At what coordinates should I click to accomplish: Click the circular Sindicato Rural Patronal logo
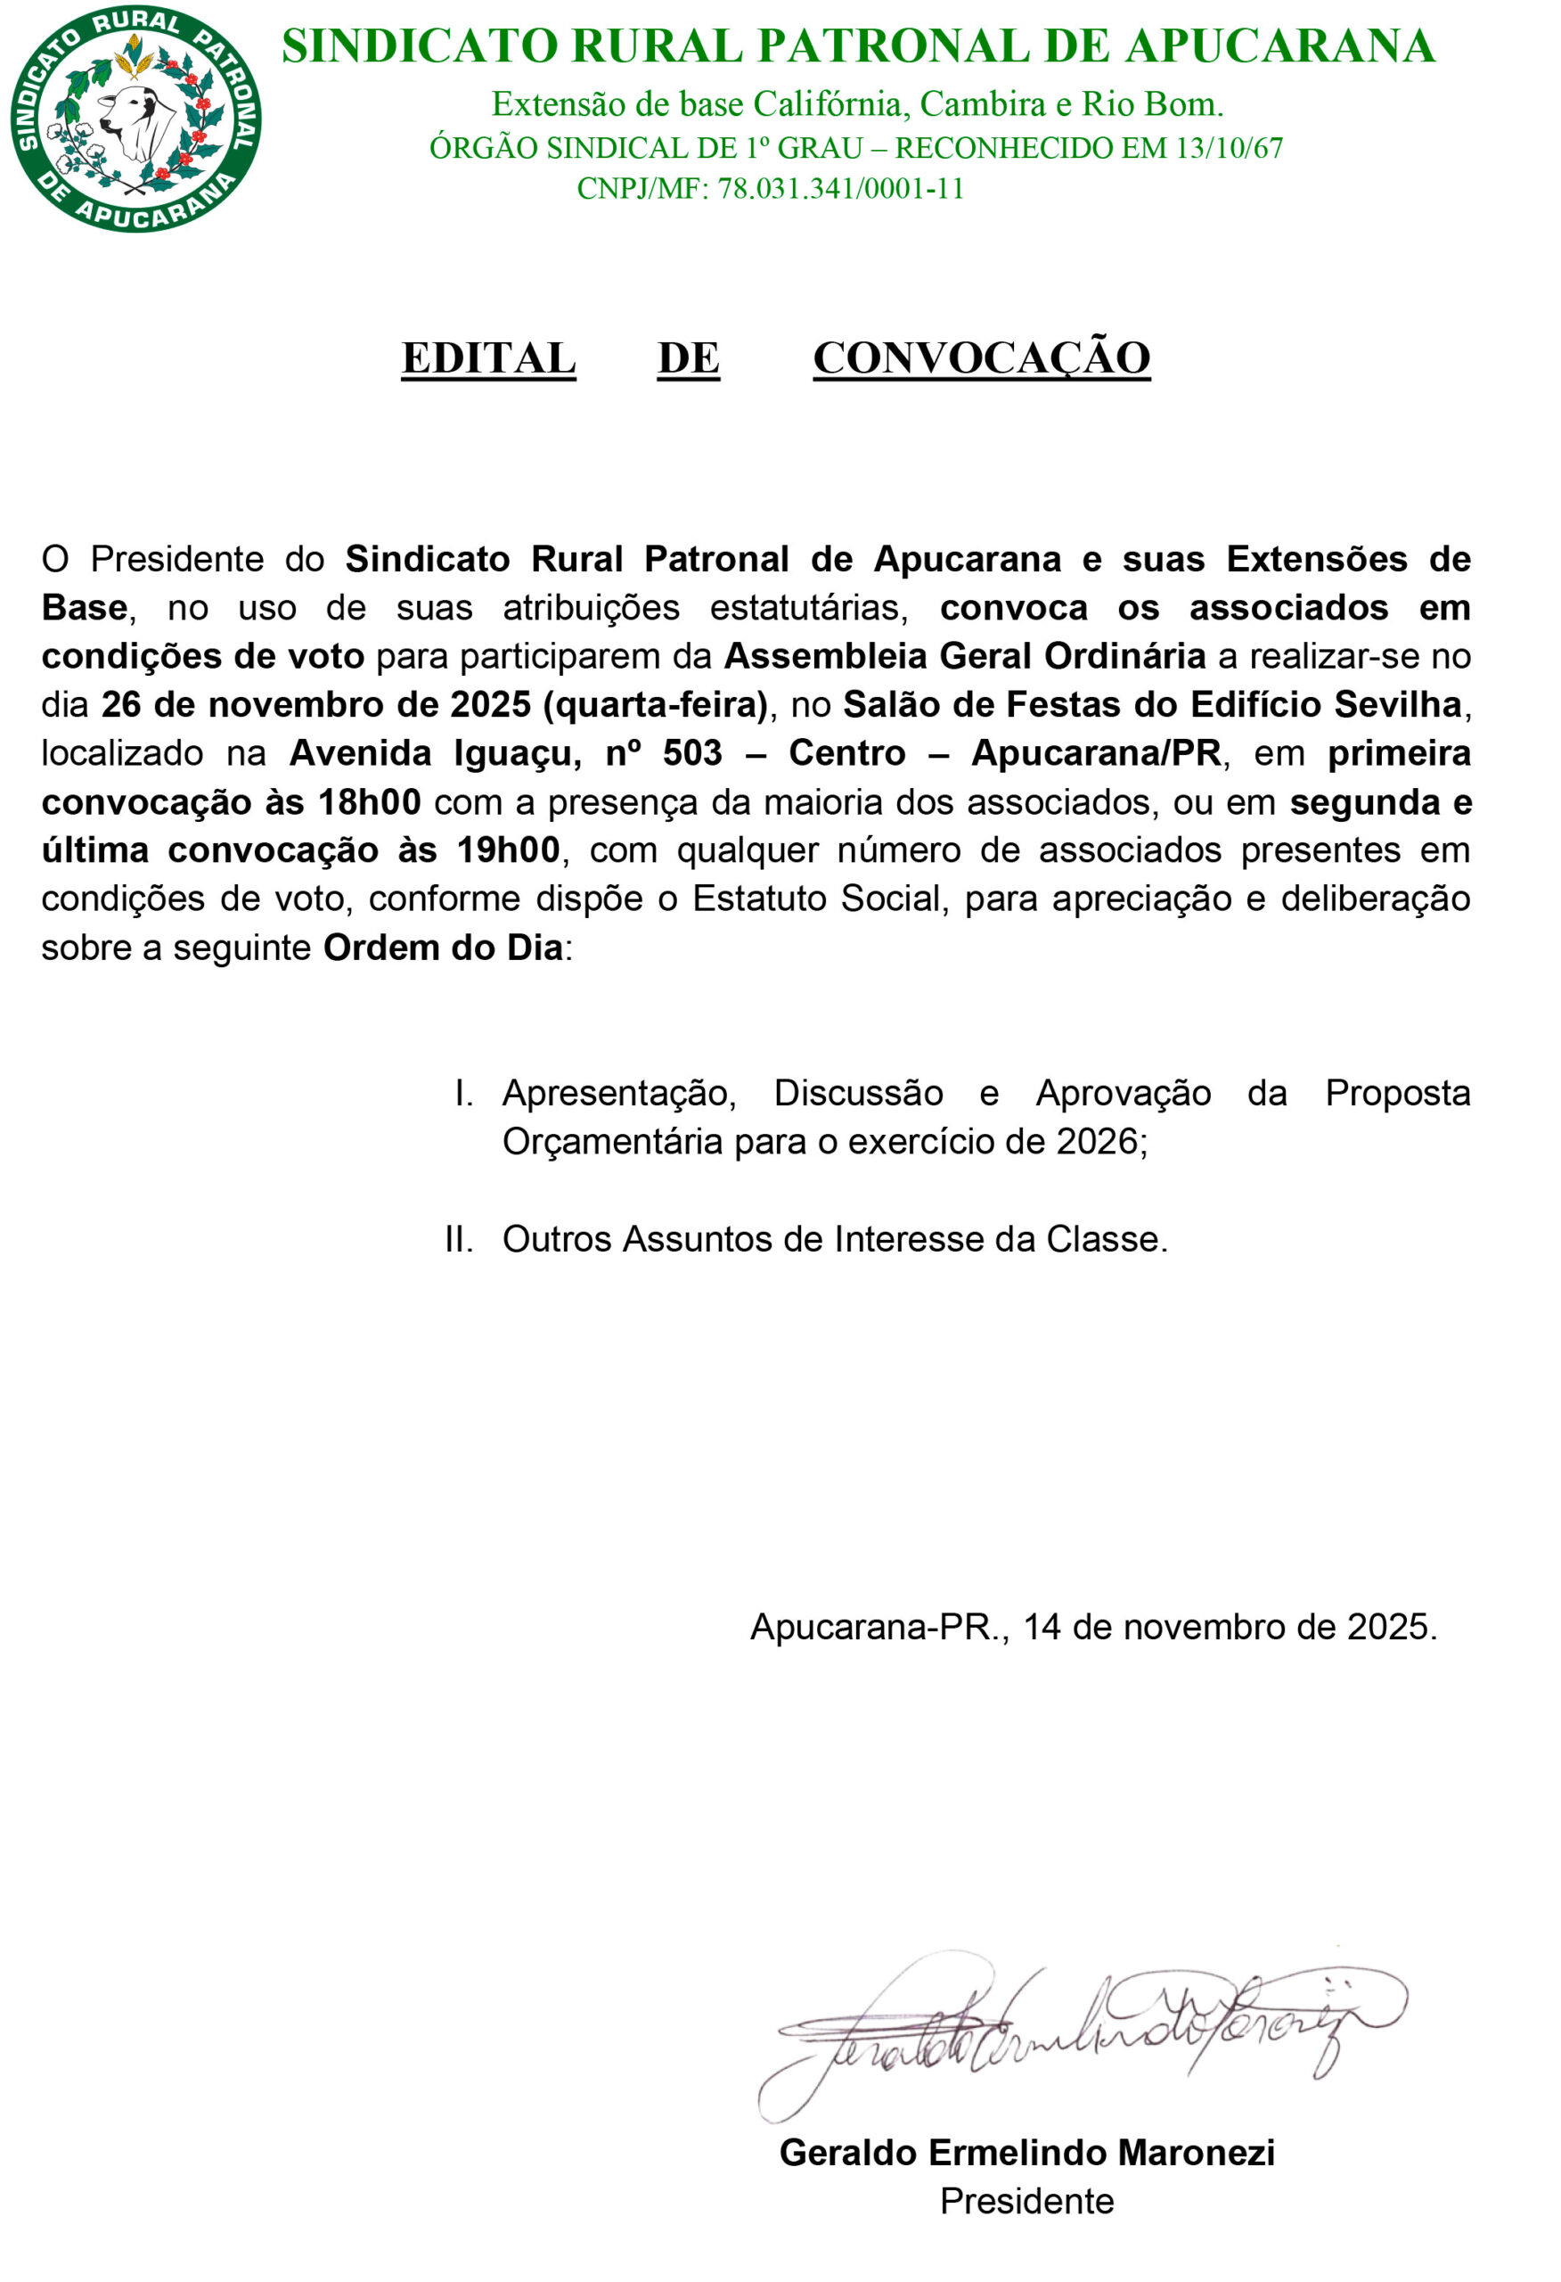[135, 119]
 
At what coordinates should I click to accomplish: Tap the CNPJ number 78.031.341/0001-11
[840, 188]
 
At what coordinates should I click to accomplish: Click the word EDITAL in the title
[488, 358]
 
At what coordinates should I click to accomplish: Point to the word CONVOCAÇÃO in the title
[981, 358]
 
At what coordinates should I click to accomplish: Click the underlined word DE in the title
[688, 358]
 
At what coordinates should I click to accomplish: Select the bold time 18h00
[369, 802]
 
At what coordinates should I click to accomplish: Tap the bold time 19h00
[508, 850]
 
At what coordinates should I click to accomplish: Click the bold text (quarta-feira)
[655, 705]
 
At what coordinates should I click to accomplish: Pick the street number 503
[692, 753]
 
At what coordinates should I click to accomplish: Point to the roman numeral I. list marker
[463, 1093]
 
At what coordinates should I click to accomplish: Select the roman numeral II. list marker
[459, 1239]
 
